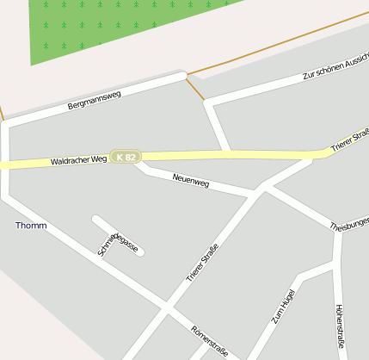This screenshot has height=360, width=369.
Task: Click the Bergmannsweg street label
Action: point(95,100)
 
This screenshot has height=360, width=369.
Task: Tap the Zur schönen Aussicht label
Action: point(335,68)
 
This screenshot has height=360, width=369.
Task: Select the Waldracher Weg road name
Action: point(78,160)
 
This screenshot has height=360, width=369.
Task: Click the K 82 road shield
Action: point(126,158)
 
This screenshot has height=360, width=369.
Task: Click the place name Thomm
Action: point(31,226)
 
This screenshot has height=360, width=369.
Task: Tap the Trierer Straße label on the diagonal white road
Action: point(202,264)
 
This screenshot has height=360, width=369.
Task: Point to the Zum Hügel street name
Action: point(282,305)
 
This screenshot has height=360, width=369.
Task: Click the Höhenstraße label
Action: point(339,326)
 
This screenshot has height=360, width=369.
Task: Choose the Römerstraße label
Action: point(209,339)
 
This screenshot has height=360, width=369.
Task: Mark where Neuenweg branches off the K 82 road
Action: point(138,162)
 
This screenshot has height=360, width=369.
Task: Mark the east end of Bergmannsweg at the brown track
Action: point(185,77)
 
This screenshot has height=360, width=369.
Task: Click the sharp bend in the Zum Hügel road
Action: point(300,277)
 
